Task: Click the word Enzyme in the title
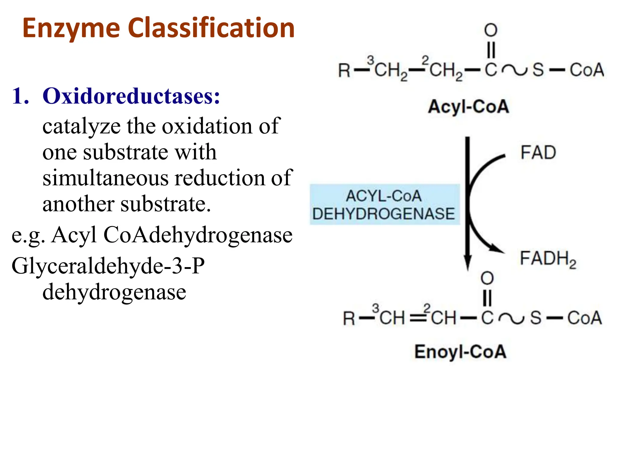(x=71, y=29)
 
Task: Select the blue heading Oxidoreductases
(x=131, y=96)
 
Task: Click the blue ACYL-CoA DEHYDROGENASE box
(x=384, y=205)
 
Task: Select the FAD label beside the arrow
(x=538, y=153)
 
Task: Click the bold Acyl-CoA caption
(x=468, y=107)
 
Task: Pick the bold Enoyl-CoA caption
(x=460, y=352)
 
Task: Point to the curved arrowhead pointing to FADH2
(x=497, y=249)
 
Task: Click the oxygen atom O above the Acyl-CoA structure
(x=491, y=30)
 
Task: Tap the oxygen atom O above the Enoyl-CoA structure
(x=487, y=278)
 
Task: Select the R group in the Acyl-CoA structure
(x=344, y=71)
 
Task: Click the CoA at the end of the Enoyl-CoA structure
(x=584, y=318)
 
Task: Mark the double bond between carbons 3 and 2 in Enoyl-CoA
(x=418, y=318)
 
